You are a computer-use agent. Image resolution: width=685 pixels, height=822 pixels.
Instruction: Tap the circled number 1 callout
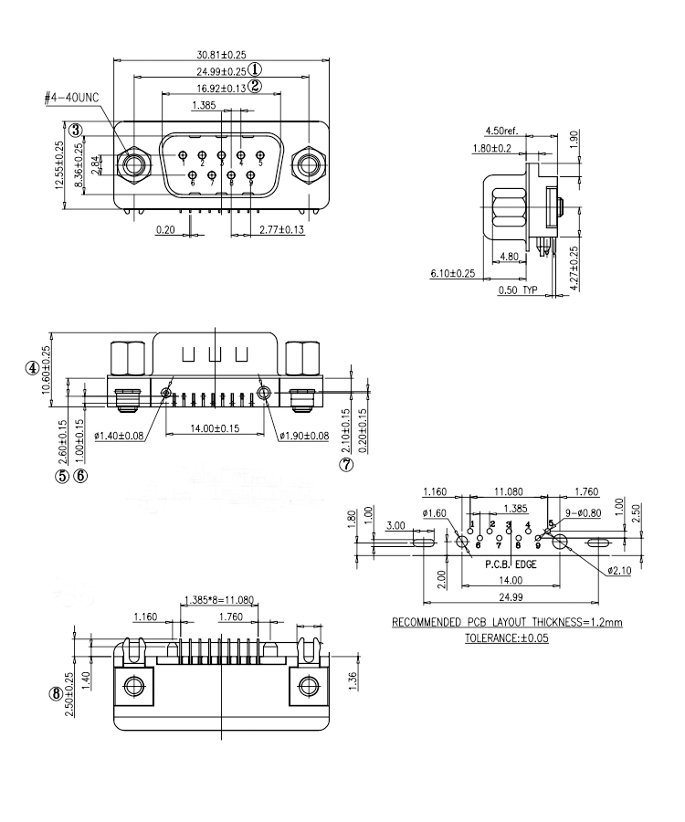click(x=256, y=70)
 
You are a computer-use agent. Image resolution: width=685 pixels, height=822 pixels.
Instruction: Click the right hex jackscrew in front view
click(x=305, y=165)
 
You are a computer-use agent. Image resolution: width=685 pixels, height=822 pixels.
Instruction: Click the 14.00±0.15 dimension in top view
click(x=216, y=427)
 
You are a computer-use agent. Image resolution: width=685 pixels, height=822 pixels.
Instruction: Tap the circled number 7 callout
click(x=346, y=464)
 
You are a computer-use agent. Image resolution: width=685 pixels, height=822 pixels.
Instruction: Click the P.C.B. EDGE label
click(x=511, y=564)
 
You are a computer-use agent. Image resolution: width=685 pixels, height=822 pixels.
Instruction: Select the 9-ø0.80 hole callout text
click(x=581, y=514)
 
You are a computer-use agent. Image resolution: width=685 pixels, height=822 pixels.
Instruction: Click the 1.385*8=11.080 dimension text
click(x=217, y=600)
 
